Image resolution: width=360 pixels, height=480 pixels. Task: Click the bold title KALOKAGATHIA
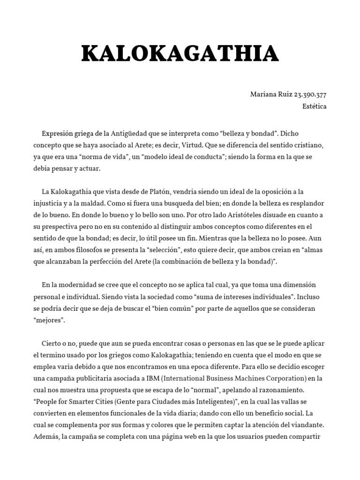(x=180, y=54)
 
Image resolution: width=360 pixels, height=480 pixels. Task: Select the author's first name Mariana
(x=263, y=94)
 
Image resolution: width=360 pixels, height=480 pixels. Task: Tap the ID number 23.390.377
(x=310, y=94)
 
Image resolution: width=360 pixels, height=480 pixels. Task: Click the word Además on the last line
(x=46, y=437)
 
